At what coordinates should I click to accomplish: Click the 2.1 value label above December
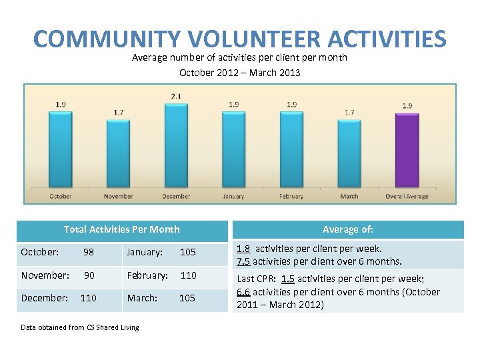(176, 97)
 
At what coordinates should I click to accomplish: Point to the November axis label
(118, 197)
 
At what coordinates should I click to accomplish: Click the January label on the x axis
(233, 197)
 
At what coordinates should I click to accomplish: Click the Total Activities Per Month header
(121, 229)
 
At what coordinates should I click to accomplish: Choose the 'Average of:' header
(347, 229)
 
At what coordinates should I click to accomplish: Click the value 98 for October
(88, 252)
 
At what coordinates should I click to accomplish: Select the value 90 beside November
(88, 275)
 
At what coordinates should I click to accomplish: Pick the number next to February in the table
(188, 275)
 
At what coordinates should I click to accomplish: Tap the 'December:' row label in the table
(44, 298)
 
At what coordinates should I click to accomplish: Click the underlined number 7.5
(243, 261)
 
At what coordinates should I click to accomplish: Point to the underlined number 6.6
(243, 292)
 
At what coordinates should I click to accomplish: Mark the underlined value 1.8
(243, 249)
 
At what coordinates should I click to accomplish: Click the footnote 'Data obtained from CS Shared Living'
(80, 327)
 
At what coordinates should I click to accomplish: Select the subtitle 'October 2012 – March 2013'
(239, 73)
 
